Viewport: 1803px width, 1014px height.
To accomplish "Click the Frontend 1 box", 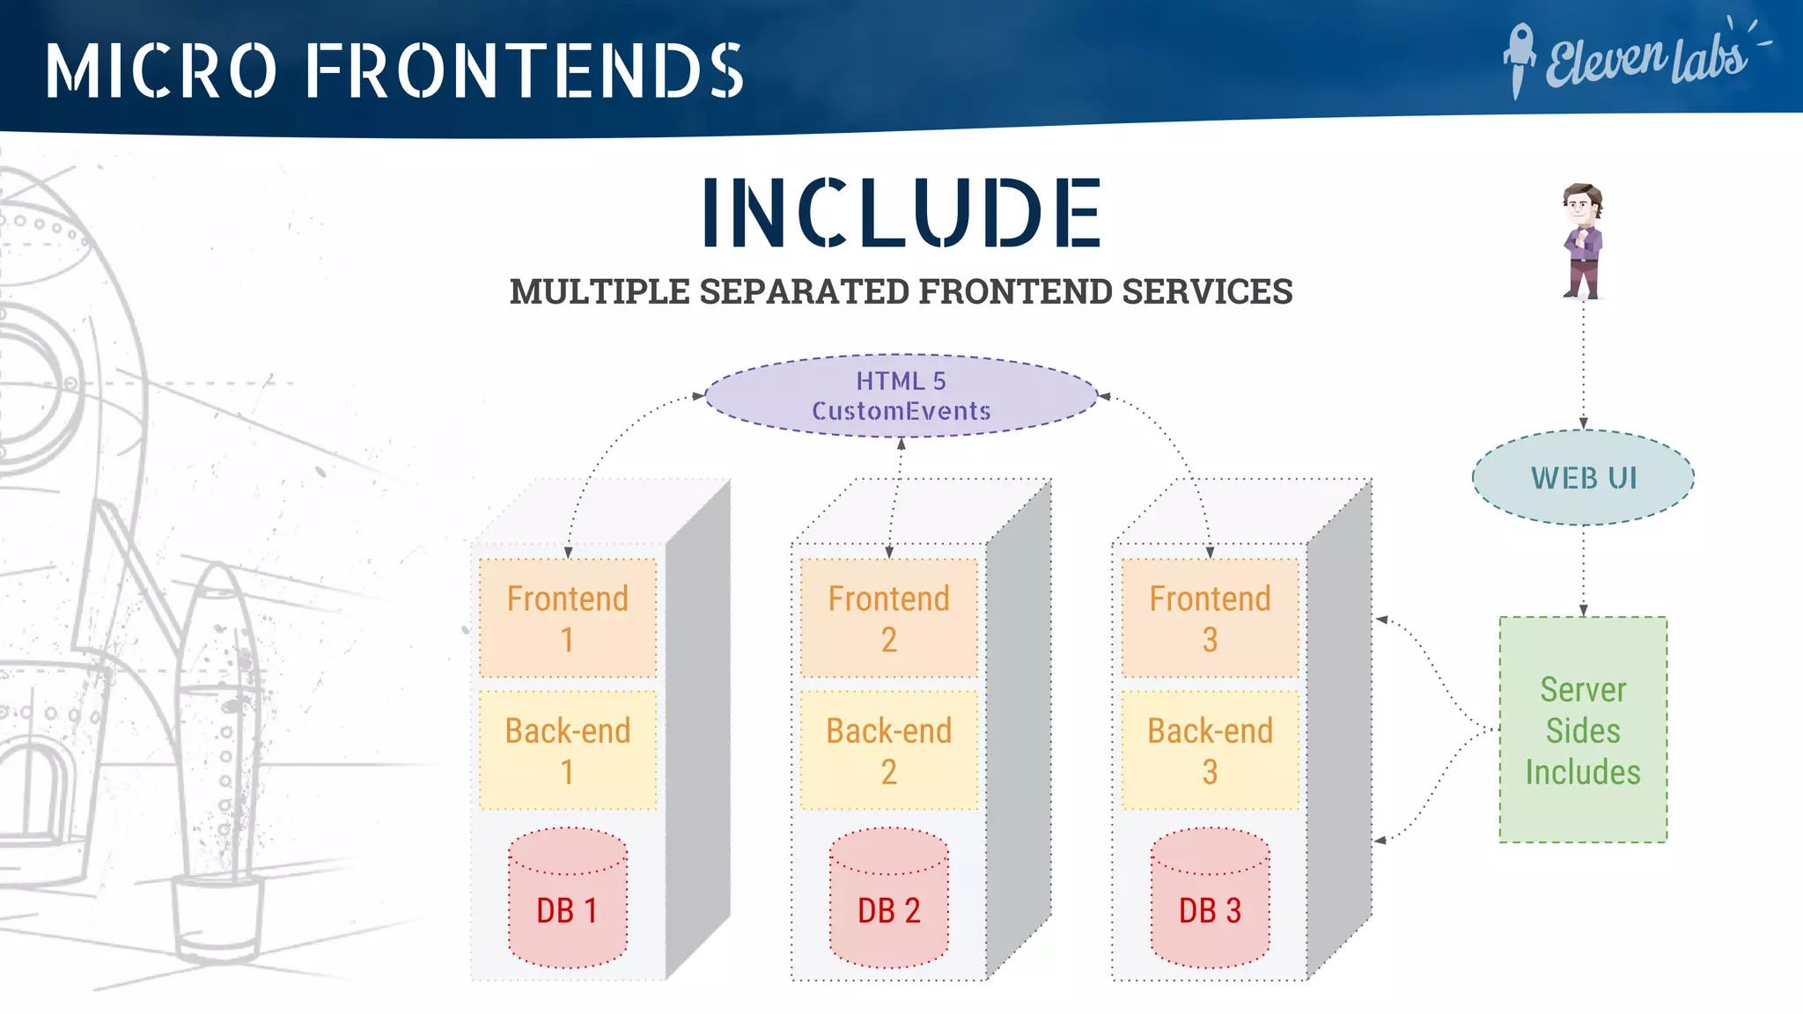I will click(568, 618).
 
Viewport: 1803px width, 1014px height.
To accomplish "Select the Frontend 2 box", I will click(888, 618).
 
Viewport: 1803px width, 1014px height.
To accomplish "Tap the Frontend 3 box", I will click(1210, 618).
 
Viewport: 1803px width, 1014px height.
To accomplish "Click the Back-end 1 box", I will click(568, 750).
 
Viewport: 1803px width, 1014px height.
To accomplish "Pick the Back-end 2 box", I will click(888, 750).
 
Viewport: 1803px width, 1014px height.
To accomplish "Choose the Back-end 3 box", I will click(1210, 750).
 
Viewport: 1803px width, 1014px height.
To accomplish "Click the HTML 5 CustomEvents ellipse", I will click(901, 396).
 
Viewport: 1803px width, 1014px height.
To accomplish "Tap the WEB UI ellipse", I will click(1583, 478).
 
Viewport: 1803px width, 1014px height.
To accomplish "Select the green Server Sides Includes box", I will click(1583, 730).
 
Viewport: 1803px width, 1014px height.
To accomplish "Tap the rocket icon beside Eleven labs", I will click(1519, 58).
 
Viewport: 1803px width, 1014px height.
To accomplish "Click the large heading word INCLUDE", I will click(901, 212).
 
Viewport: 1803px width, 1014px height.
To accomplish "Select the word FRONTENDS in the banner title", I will click(525, 70).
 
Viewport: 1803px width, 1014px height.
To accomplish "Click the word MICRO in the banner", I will click(162, 70).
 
